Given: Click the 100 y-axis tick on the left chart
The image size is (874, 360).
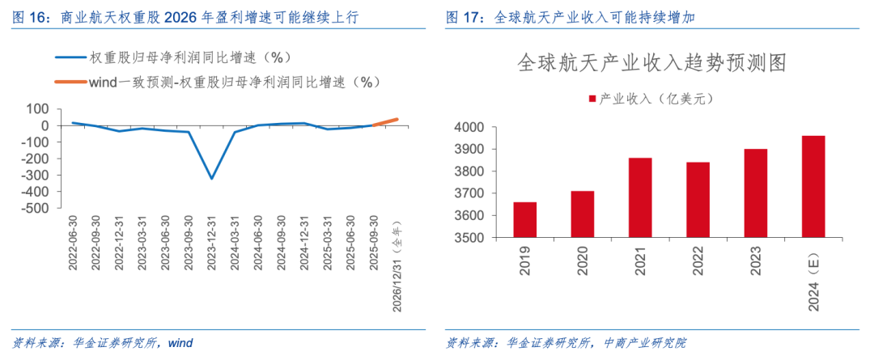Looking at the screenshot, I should (37, 109).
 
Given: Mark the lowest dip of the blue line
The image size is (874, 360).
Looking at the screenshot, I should (213, 179).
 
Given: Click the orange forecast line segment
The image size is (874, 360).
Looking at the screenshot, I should (385, 122).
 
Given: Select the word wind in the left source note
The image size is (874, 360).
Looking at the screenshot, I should (180, 343).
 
